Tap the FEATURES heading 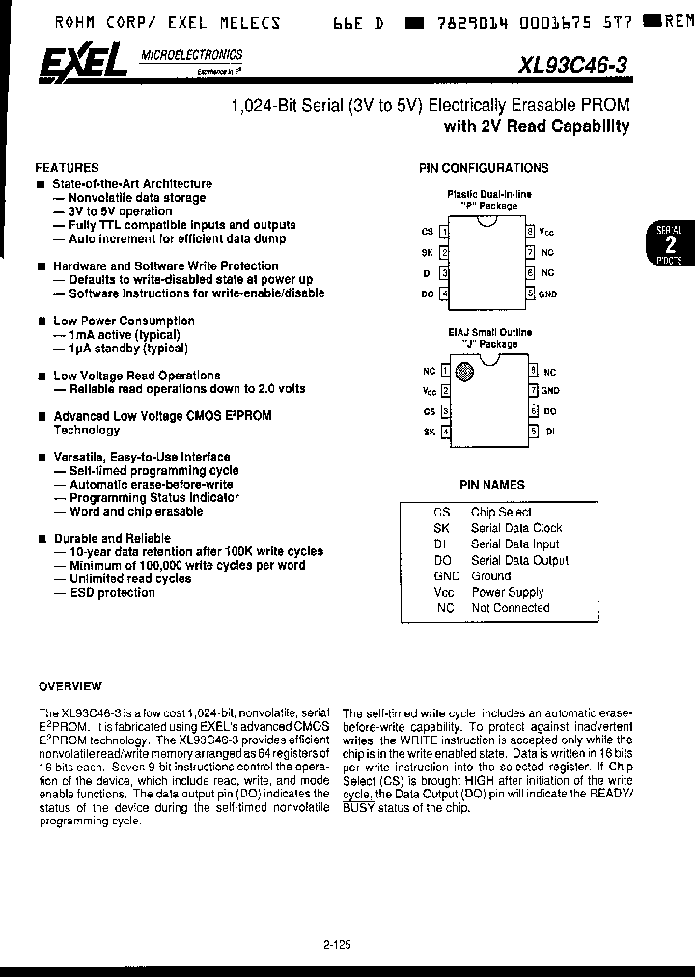pyautogui.click(x=67, y=167)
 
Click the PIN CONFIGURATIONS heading pyautogui.click(x=483, y=168)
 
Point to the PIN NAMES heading pyautogui.click(x=491, y=486)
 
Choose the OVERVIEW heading pyautogui.click(x=69, y=686)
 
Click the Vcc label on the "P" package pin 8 pyautogui.click(x=547, y=232)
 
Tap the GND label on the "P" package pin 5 pyautogui.click(x=547, y=293)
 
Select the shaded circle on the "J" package pyautogui.click(x=466, y=371)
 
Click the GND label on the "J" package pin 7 pyautogui.click(x=550, y=390)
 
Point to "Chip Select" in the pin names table pyautogui.click(x=501, y=512)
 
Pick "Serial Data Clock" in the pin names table pyautogui.click(x=516, y=528)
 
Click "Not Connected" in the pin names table pyautogui.click(x=510, y=608)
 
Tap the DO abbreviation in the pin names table pyautogui.click(x=442, y=560)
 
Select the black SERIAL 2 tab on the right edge pyautogui.click(x=669, y=245)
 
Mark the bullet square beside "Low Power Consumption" pyautogui.click(x=41, y=321)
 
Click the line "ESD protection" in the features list pyautogui.click(x=112, y=593)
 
